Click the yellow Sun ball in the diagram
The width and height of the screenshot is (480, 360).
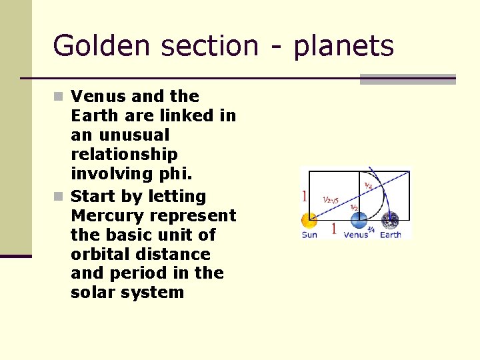[x=309, y=221]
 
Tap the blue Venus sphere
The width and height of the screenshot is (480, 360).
[x=358, y=221]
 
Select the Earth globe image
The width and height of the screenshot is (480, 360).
[x=390, y=221]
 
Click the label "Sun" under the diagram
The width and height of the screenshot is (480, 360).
[x=309, y=235]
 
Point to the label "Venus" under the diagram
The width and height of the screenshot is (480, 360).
[x=355, y=235]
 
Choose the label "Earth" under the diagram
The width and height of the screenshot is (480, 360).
[x=391, y=235]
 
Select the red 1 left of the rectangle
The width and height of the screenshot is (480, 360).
[x=304, y=197]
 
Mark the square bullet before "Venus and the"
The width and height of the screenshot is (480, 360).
[x=59, y=97]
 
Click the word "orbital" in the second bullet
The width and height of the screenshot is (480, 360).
[x=103, y=255]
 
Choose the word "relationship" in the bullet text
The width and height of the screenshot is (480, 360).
[x=124, y=155]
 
